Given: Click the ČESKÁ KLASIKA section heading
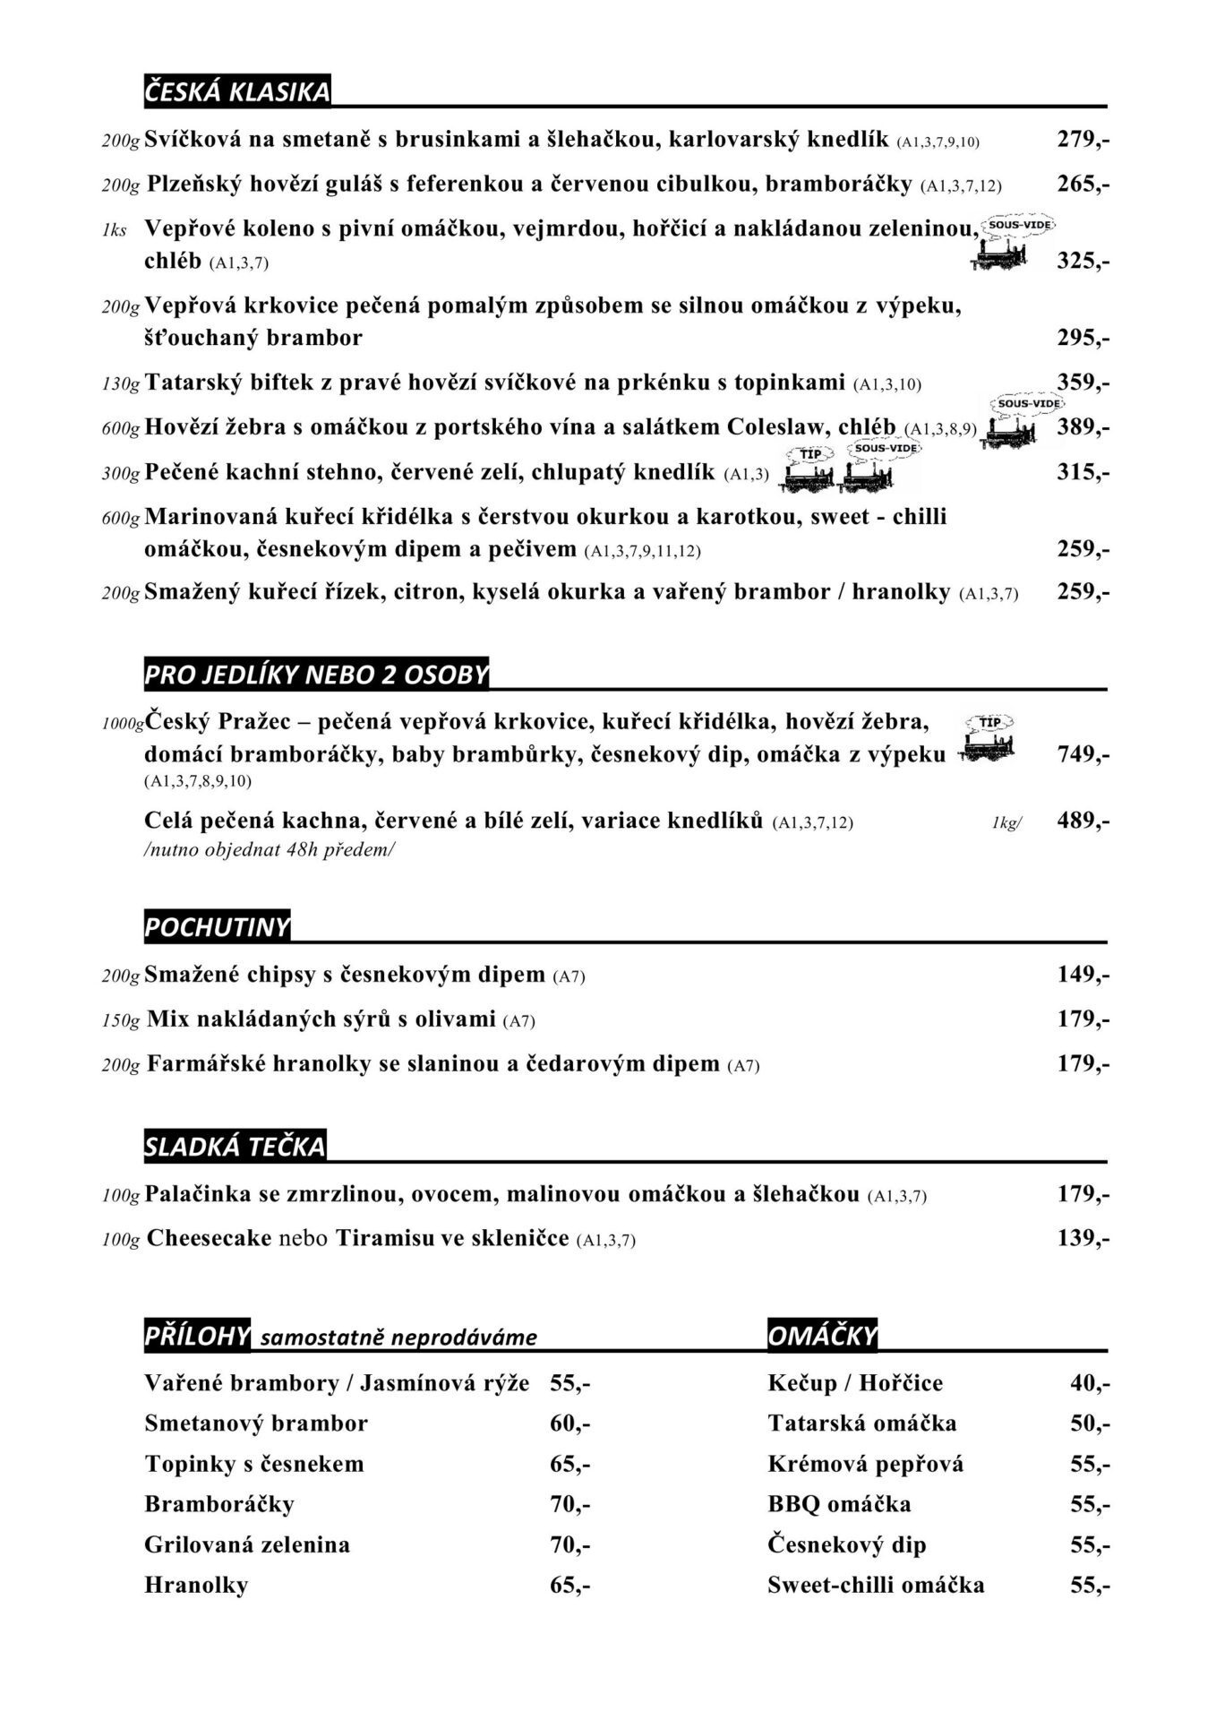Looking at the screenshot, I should click(237, 91).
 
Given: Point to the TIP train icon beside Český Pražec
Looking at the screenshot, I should click(987, 740).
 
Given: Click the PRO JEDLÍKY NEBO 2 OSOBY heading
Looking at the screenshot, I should click(316, 675).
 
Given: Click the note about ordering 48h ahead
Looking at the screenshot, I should click(269, 849).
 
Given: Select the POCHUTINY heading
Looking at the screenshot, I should click(218, 927).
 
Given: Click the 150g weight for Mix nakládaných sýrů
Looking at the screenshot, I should click(121, 1020).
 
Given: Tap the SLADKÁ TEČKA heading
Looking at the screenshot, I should click(235, 1147).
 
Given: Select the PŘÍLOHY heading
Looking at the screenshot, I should click(197, 1336).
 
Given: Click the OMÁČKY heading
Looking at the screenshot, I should click(822, 1336).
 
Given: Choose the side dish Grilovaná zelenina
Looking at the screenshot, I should click(247, 1544).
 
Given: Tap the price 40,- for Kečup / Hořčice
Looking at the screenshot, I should click(1090, 1383).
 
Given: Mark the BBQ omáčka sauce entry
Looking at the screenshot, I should click(839, 1504).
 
